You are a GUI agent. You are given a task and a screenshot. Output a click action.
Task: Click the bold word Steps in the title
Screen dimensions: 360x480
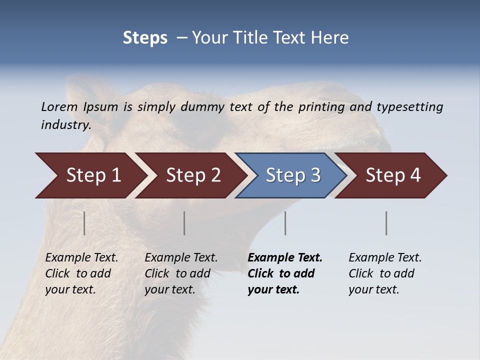click(x=145, y=38)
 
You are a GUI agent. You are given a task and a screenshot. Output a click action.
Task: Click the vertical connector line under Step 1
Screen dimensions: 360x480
click(x=84, y=223)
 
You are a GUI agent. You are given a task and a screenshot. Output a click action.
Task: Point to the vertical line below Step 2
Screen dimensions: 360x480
click(x=184, y=223)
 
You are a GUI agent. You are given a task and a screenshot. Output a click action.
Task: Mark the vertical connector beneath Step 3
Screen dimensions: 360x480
click(x=285, y=223)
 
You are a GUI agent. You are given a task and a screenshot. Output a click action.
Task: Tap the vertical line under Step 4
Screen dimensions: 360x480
click(x=386, y=223)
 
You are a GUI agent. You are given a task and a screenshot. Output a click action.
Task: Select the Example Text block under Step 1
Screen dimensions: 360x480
click(x=81, y=273)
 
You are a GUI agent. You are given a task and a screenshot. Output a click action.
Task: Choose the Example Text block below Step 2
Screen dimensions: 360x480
click(x=181, y=273)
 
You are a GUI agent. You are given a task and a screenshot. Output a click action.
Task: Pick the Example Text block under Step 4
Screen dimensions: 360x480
click(x=385, y=273)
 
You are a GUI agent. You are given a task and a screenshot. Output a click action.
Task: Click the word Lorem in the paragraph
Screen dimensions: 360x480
click(x=59, y=107)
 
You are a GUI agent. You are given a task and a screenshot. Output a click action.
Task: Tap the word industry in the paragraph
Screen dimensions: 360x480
click(x=65, y=125)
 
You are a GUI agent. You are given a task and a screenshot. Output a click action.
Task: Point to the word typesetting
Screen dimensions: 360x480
click(x=409, y=107)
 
